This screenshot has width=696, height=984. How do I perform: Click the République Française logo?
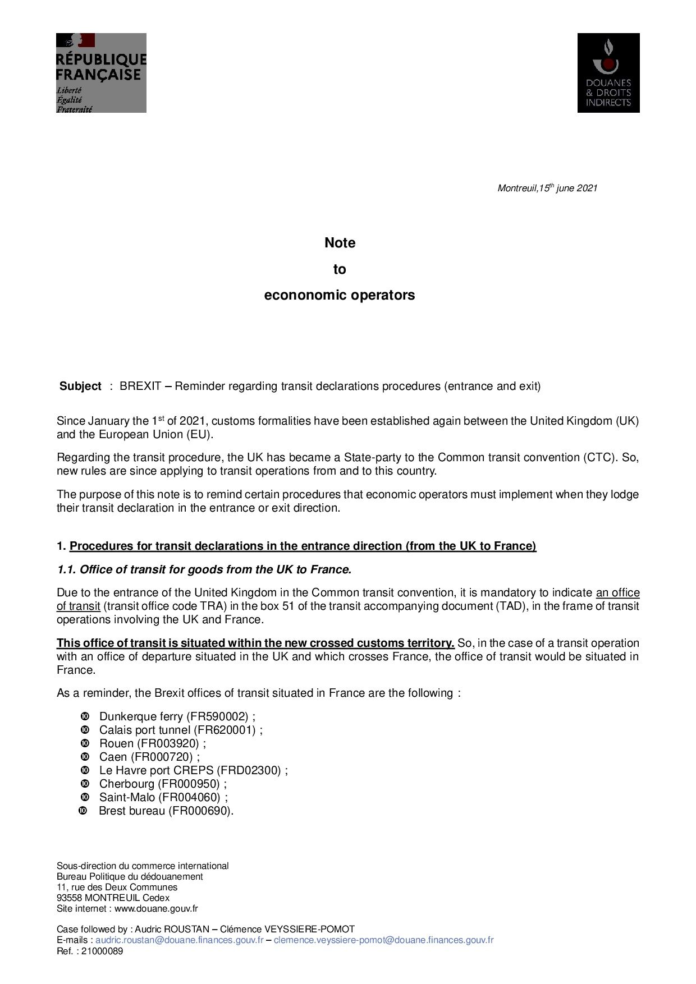[101, 73]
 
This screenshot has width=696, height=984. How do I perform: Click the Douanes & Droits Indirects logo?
[608, 73]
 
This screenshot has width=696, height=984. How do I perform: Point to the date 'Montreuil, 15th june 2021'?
[547, 188]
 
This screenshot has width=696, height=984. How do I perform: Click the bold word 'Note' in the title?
[340, 243]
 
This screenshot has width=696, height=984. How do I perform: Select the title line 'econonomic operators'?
[340, 295]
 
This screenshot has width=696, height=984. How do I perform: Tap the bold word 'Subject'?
[80, 387]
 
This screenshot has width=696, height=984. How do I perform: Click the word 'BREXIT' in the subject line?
[140, 387]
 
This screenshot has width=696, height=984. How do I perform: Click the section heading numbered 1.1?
[204, 570]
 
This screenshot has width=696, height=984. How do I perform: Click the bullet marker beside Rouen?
[85, 743]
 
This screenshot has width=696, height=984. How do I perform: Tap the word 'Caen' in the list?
[113, 757]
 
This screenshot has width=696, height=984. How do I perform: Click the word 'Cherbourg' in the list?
[126, 784]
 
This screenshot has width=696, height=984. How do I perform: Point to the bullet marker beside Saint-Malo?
[85, 797]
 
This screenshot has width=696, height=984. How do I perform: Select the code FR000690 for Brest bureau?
[200, 811]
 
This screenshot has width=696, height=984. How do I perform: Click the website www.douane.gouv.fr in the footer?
[156, 909]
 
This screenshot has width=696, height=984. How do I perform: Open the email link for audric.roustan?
[179, 940]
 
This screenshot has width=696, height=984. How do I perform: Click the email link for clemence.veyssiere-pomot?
[383, 940]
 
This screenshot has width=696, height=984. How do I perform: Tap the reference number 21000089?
[102, 951]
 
